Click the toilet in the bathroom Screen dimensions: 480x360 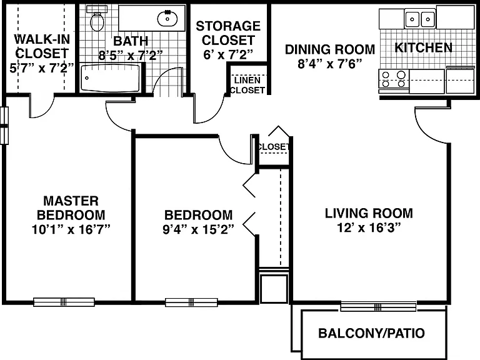coord(97,18)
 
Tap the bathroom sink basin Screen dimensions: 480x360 coord(167,18)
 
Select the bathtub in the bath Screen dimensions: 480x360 coord(110,78)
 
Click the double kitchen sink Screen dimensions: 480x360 coord(420,19)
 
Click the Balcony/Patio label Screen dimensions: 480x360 coord(372,333)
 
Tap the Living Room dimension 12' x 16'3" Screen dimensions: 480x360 coord(369,227)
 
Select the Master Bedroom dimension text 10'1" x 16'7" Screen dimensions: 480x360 coord(71,229)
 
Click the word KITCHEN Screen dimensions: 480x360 coord(423,47)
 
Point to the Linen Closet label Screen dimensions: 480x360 coord(247,85)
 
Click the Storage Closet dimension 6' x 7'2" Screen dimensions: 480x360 coord(228,54)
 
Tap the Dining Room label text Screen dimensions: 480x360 coord(330,49)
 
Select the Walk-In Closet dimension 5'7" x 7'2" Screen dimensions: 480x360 coord(42,67)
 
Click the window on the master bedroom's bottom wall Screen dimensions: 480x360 coord(64,302)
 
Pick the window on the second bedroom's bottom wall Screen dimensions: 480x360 coord(192,302)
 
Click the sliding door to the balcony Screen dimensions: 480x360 coord(378,306)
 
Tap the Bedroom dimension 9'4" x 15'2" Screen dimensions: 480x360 coord(198,229)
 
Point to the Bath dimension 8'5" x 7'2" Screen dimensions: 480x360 coord(131,56)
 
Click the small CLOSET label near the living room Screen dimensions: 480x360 coord(273,147)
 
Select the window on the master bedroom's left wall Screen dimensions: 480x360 coord(4,126)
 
